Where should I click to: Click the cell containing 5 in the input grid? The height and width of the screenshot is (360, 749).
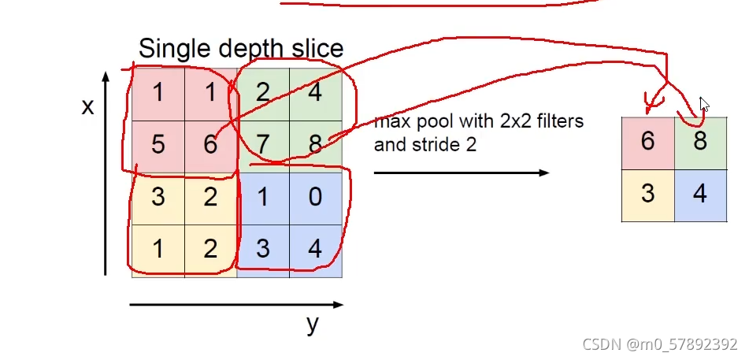(x=158, y=146)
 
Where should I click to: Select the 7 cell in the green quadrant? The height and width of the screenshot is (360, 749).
(x=263, y=146)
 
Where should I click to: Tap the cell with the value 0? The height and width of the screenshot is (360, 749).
(x=315, y=197)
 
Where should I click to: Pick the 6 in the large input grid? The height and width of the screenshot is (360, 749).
(x=210, y=146)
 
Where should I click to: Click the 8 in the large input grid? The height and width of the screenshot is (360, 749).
(x=315, y=146)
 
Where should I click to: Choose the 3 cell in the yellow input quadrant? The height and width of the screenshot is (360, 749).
(x=158, y=197)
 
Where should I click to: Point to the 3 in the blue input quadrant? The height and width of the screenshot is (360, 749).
(x=263, y=249)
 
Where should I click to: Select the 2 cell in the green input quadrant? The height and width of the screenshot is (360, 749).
(x=263, y=94)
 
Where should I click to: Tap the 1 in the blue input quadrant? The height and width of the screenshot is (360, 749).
(x=263, y=197)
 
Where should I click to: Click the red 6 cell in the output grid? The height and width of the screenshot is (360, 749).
(x=647, y=142)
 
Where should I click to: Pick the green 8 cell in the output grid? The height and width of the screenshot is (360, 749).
(x=700, y=142)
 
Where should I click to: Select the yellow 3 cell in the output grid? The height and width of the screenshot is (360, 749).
(x=647, y=194)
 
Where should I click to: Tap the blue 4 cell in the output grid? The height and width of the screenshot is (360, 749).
(x=700, y=194)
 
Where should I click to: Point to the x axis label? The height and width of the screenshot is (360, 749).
(x=87, y=106)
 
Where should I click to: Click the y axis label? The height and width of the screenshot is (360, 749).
(x=313, y=323)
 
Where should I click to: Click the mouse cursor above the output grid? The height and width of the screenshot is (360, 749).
(x=705, y=105)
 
